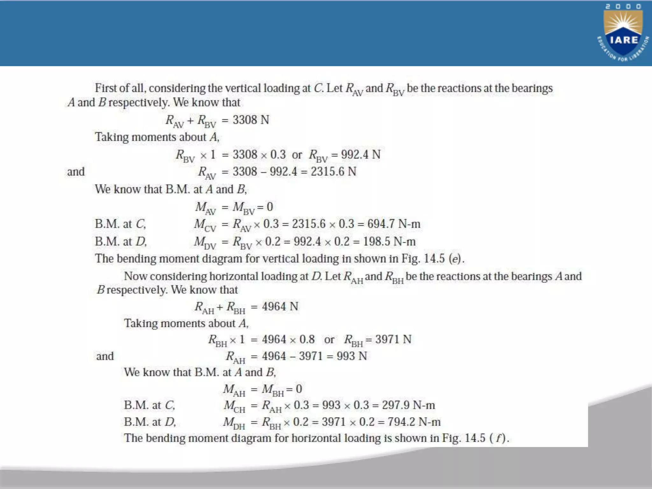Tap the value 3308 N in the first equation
(251, 120)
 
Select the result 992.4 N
(361, 155)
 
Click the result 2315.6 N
(333, 172)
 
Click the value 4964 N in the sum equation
(280, 307)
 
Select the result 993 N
(352, 356)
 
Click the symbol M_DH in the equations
(234, 423)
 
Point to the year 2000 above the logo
(623, 6)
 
